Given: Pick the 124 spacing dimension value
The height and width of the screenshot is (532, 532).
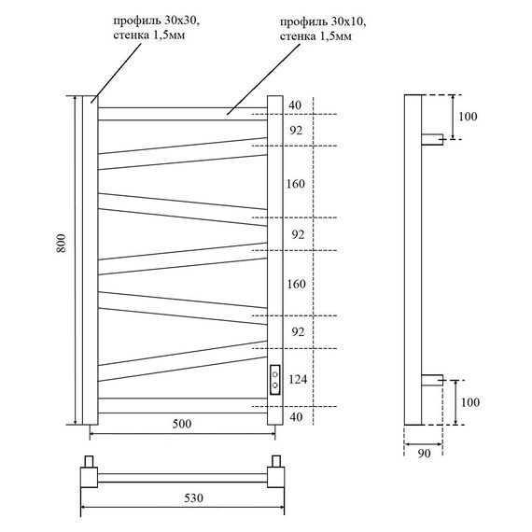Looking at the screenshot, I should [x=297, y=379].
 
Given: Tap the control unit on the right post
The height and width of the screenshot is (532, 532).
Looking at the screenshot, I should [x=275, y=379].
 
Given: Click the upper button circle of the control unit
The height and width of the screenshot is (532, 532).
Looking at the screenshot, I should [x=275, y=372].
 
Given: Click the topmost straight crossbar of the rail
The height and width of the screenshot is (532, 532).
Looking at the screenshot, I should [x=182, y=114].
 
